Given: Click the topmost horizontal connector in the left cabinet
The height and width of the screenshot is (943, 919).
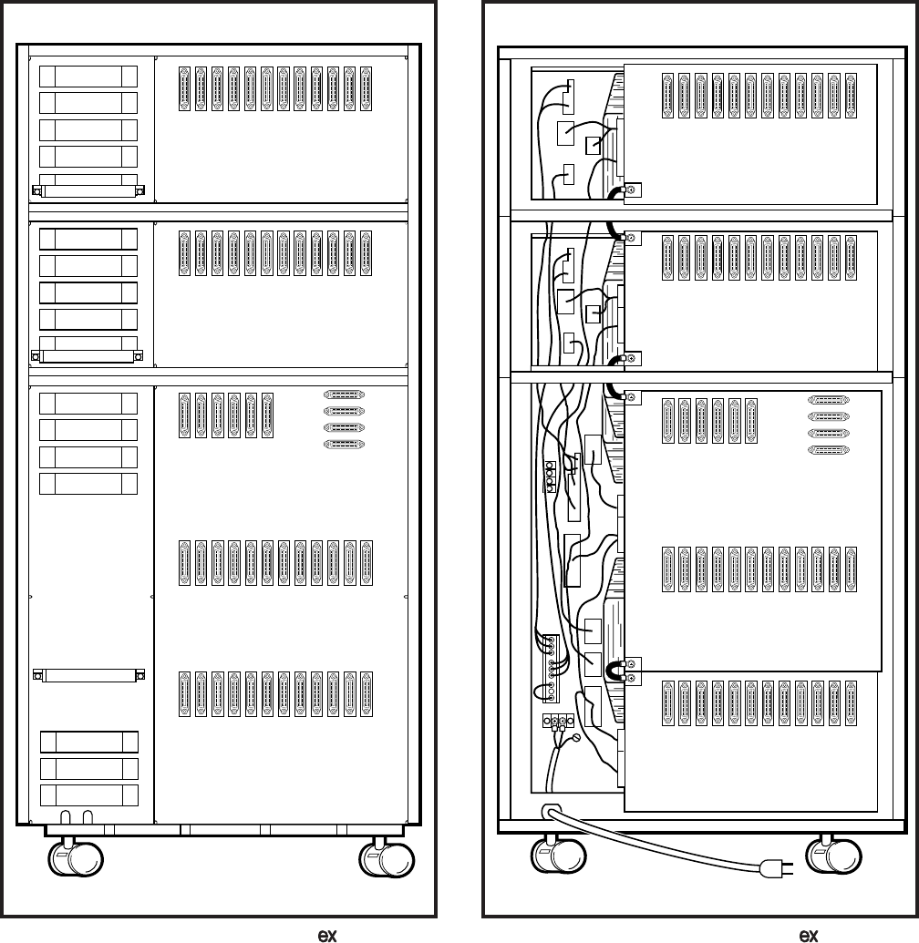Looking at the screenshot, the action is click(x=348, y=395).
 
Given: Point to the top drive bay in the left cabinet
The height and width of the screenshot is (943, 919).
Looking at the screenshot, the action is click(x=88, y=77).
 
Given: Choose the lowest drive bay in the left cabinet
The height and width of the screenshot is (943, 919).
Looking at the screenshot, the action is click(x=88, y=794).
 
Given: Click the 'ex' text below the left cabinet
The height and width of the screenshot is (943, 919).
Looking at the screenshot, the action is click(x=324, y=935).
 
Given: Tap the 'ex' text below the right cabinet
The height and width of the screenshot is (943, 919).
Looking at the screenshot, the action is click(x=808, y=935).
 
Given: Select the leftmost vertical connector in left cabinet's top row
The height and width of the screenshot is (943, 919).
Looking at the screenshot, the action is click(x=184, y=88).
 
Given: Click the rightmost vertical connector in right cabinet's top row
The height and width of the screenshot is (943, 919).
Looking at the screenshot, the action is click(x=850, y=95).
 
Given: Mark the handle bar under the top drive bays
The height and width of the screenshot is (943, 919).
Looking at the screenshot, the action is click(x=88, y=191).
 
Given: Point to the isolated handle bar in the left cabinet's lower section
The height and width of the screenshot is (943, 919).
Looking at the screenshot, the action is click(x=88, y=675).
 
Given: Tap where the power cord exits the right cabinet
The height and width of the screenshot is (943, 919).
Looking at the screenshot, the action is click(x=551, y=810).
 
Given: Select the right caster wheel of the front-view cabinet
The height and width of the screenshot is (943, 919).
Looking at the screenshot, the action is click(x=387, y=859).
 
